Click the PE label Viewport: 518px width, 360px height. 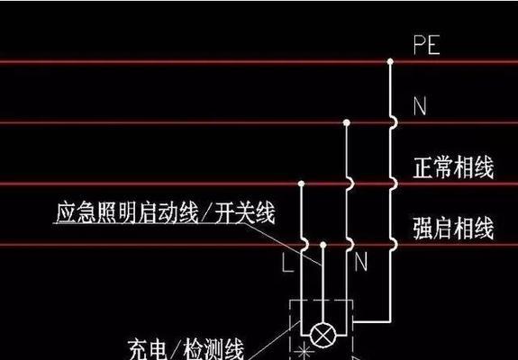coord(426,45)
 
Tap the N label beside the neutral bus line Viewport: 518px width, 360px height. coord(420,106)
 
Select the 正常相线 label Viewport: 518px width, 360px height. coord(453,167)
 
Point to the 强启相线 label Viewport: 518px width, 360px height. coord(453,228)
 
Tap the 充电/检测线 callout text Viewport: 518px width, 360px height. coord(186,350)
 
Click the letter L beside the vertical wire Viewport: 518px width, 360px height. coord(288,263)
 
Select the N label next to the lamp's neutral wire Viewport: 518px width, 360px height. coord(360,262)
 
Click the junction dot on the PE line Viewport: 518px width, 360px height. coord(390,61)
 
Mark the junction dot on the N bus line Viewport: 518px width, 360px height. coord(346,122)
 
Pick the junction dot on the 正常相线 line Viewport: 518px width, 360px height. coord(301,184)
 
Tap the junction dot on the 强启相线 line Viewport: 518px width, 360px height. coord(323,245)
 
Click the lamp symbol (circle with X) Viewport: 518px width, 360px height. coord(323,335)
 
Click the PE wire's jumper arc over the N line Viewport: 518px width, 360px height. coord(394,122)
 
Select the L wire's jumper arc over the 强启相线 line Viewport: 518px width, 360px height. coord(305,245)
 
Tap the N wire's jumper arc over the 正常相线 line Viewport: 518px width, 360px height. coord(350,184)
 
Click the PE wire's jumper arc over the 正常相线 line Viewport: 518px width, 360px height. coord(394,184)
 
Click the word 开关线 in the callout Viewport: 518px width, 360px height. coord(245,212)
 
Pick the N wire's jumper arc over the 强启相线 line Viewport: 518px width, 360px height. coord(350,245)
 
